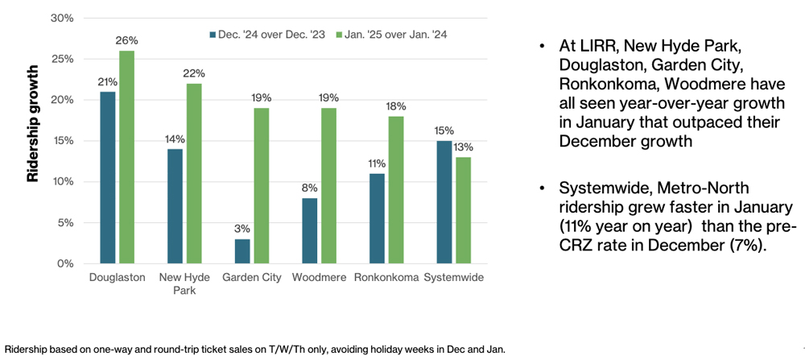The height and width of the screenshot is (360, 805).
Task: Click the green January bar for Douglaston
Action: pyautogui.click(x=126, y=157)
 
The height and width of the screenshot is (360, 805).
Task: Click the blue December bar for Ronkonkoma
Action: pyautogui.click(x=377, y=218)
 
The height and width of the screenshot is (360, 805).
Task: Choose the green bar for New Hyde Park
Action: pyautogui.click(x=192, y=173)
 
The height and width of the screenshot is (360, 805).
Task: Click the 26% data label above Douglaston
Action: pyautogui.click(x=127, y=40)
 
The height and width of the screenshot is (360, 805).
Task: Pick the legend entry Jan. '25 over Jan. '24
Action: pyautogui.click(x=395, y=34)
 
